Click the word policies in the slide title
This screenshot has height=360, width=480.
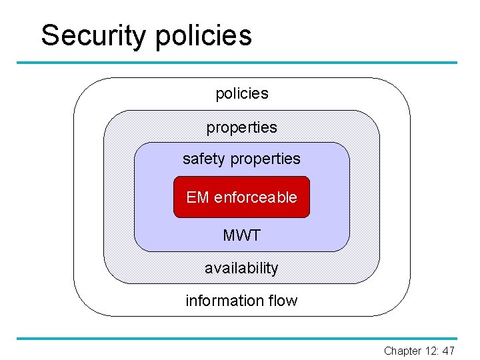pos(204,36)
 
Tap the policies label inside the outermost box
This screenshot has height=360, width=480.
pos(241,94)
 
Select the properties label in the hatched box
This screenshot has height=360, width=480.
pos(241,127)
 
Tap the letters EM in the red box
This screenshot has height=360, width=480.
pos(197,197)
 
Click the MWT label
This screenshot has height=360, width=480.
pos(241,235)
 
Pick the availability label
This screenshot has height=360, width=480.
pos(241,268)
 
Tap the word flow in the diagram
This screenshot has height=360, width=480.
pos(283,301)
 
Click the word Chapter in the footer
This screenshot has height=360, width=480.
pos(402,351)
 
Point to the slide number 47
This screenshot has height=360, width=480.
pos(448,351)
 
